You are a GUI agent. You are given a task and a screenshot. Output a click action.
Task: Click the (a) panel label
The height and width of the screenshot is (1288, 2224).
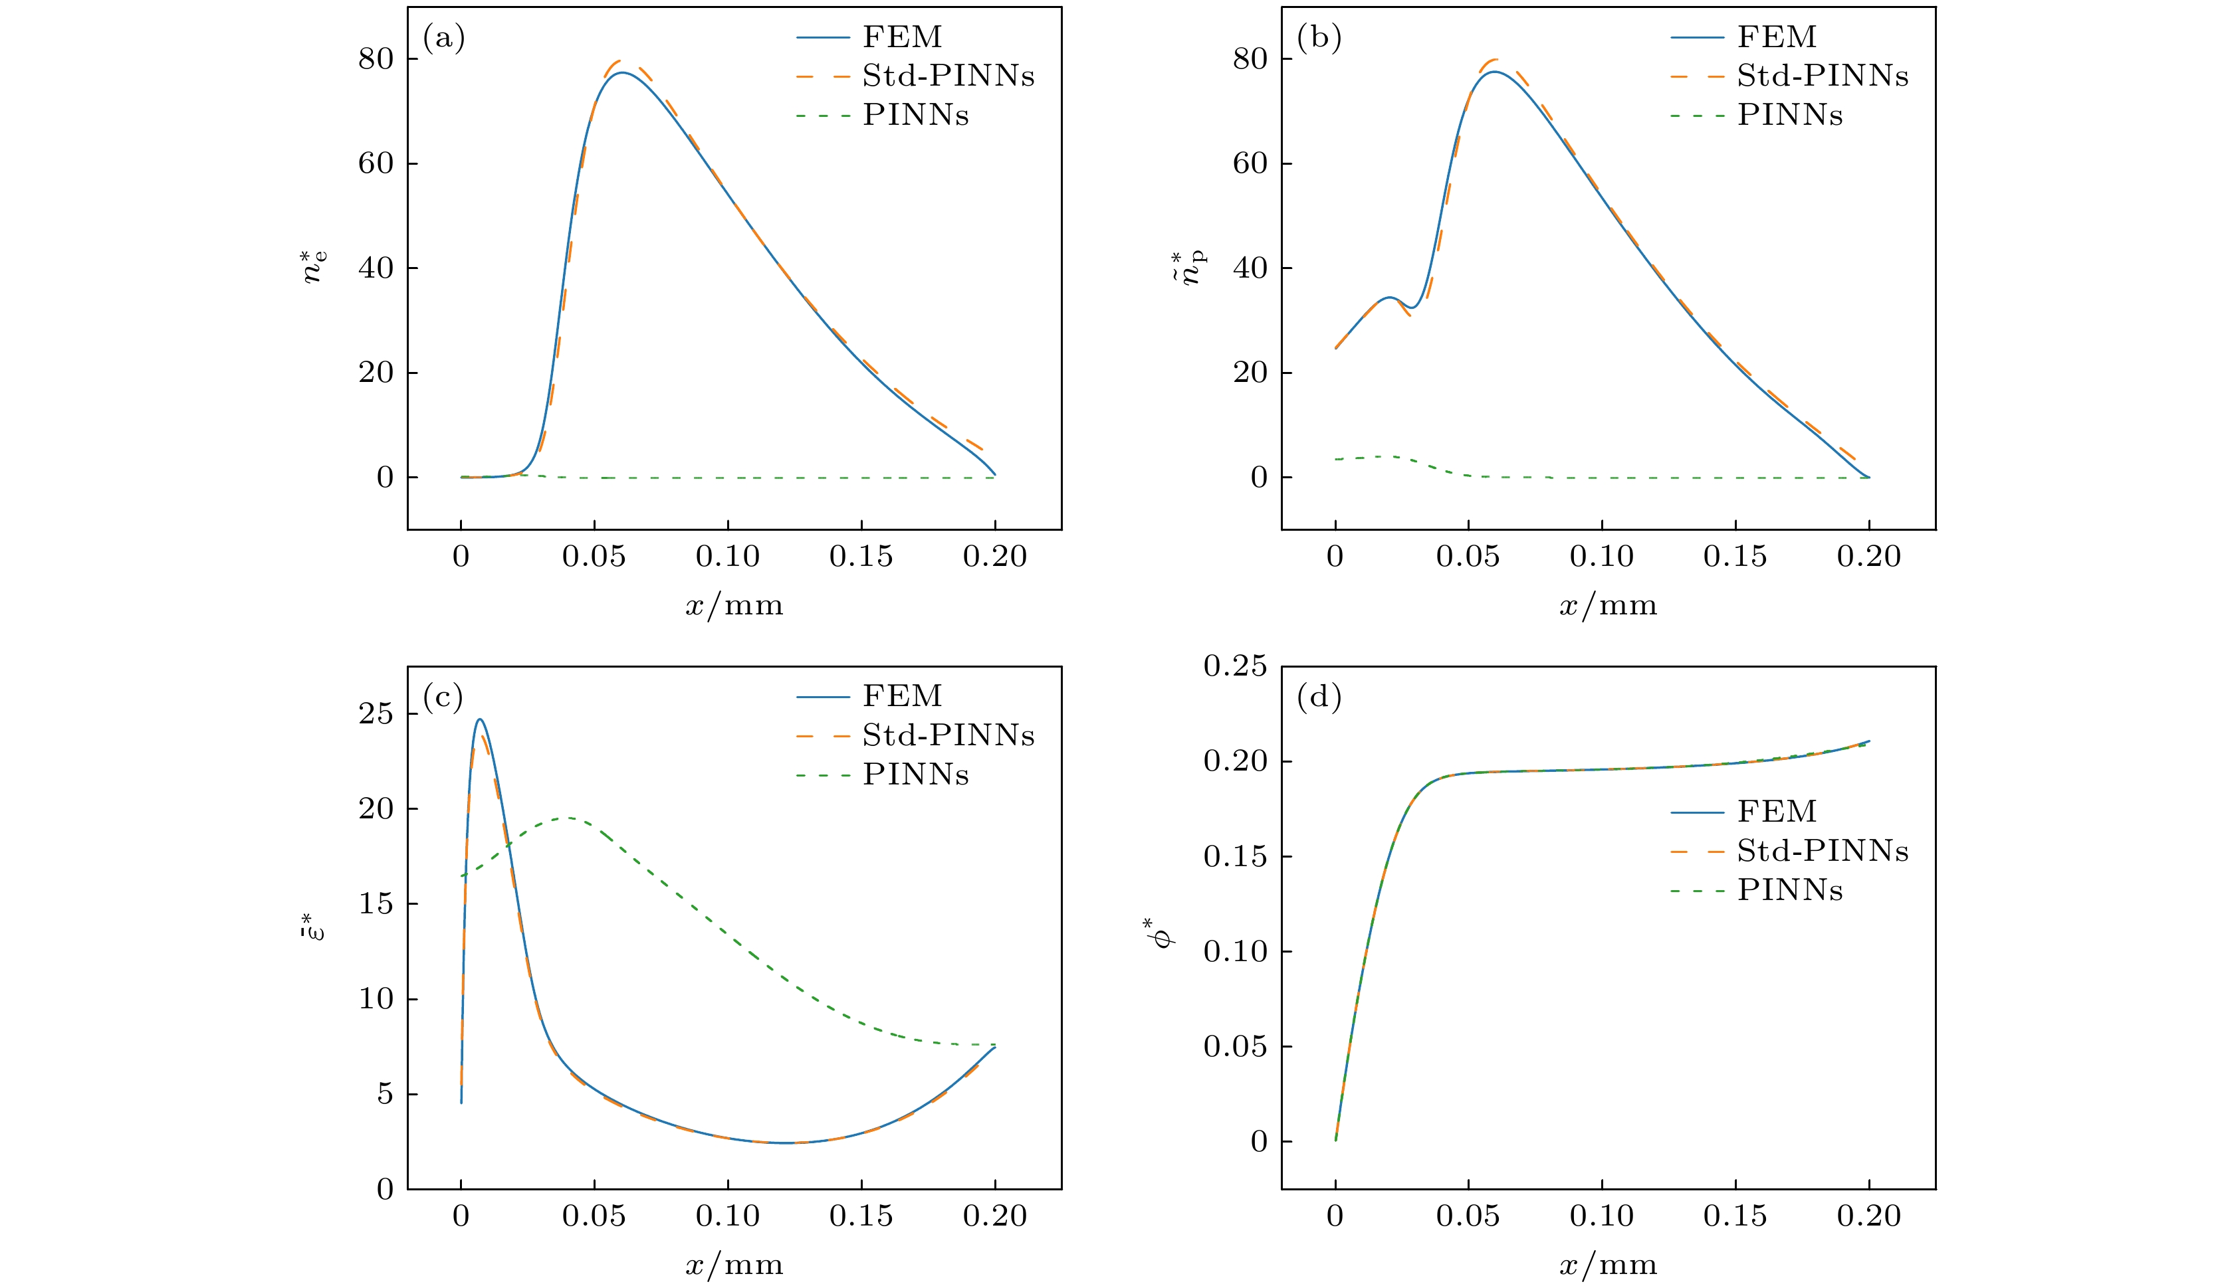point(443,38)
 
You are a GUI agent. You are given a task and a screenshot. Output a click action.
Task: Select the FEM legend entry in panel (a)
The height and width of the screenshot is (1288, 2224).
point(902,37)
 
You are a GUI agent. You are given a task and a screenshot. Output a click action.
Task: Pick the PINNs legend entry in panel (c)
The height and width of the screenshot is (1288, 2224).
point(915,775)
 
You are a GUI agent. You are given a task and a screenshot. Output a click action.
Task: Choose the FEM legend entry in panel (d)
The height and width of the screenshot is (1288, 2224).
point(1777,811)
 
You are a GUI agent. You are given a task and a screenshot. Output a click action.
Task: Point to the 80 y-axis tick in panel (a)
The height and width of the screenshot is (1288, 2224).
point(376,59)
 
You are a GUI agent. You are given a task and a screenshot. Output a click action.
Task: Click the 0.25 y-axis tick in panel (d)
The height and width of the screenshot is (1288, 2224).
point(1235,666)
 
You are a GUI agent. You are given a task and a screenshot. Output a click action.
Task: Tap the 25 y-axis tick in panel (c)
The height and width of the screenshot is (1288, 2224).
point(376,713)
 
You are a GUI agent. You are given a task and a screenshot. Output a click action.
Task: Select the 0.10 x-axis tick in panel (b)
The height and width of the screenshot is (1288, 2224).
point(1601,557)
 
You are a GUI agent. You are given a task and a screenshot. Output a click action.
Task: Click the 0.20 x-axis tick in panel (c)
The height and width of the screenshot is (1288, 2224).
point(994,1216)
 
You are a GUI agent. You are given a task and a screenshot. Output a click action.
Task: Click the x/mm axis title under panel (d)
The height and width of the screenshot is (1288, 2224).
point(1608,1265)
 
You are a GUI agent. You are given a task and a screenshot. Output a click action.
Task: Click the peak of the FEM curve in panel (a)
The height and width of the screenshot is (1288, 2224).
point(621,72)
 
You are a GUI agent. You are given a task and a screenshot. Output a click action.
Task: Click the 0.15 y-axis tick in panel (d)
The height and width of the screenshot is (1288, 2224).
point(1235,857)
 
